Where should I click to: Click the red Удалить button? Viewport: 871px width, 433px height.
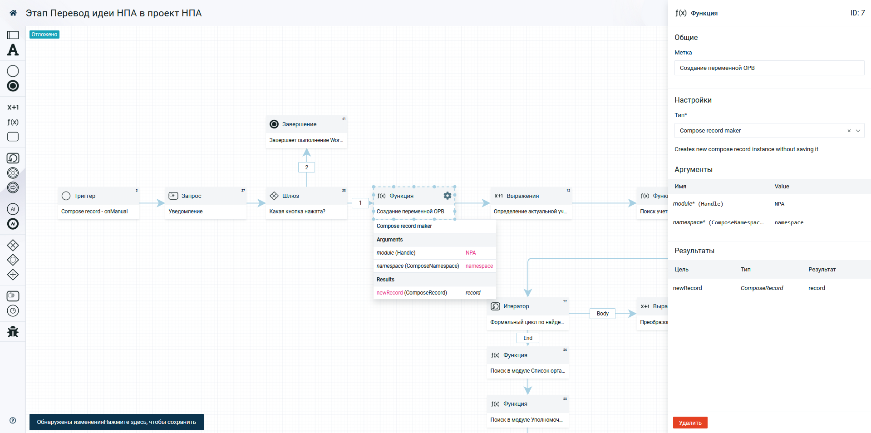(x=690, y=423)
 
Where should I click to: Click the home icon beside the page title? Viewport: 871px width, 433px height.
(x=13, y=13)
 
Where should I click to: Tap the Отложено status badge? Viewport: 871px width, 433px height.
(x=44, y=34)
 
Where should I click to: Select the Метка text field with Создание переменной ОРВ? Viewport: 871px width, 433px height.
(x=769, y=68)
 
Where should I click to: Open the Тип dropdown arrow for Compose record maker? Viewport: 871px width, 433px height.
(x=858, y=131)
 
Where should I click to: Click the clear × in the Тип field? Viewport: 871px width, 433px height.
(x=849, y=131)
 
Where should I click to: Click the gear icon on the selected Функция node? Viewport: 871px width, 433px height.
(x=448, y=196)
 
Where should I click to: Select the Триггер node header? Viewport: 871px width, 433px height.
(x=98, y=196)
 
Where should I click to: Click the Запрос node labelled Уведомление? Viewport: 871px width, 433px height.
(x=206, y=203)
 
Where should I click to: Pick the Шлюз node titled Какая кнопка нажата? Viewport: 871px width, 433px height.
(x=306, y=203)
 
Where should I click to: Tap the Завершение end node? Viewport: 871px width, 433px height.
(x=306, y=132)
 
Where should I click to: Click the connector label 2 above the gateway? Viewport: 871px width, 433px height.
(x=307, y=167)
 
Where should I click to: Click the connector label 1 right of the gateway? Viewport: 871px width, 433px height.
(x=360, y=203)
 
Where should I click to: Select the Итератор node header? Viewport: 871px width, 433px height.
(x=528, y=306)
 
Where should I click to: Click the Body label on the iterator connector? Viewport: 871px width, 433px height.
(x=603, y=314)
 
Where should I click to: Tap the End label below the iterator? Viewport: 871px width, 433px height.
(x=528, y=338)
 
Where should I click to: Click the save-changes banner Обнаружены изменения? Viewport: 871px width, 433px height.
(x=117, y=422)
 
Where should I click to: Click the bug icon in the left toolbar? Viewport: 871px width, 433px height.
(x=13, y=332)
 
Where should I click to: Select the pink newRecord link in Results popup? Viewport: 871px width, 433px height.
(x=389, y=293)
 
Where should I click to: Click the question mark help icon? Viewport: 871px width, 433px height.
(x=13, y=420)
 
